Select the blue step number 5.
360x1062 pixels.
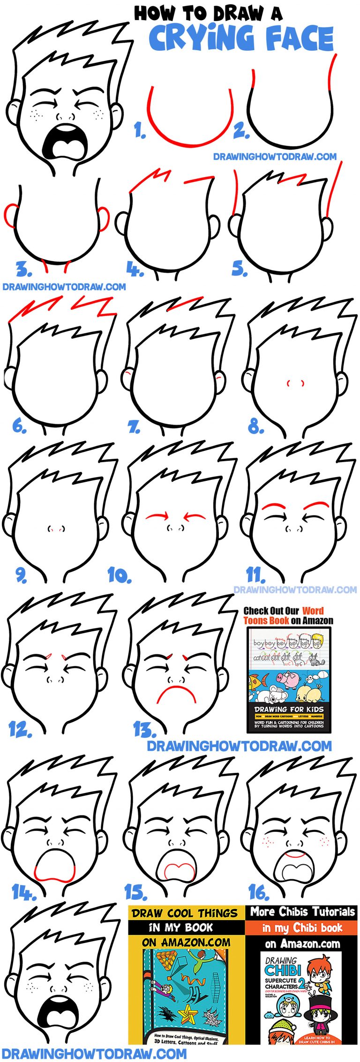(239, 269)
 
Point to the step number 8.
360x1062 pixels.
(255, 426)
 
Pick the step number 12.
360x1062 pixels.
(20, 729)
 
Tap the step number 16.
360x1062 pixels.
(259, 892)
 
